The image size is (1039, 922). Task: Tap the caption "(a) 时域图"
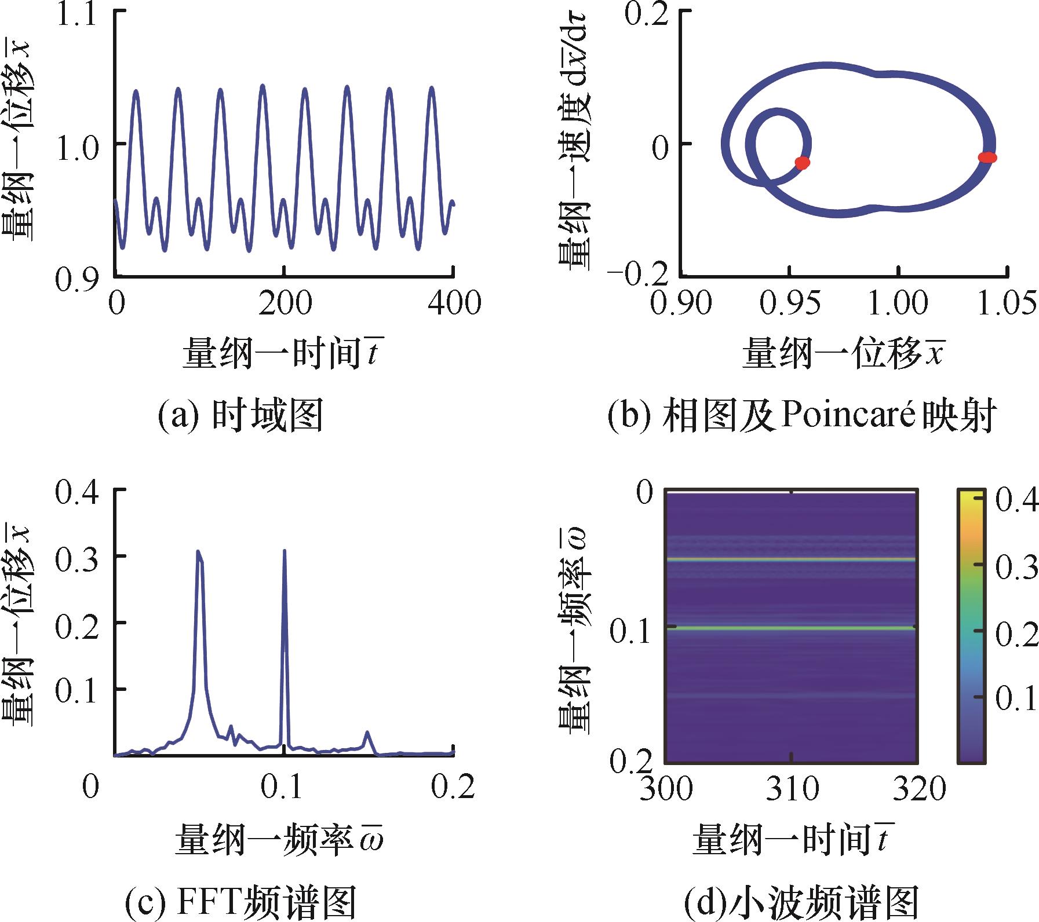coord(240,416)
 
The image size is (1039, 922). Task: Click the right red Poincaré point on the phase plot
coord(987,157)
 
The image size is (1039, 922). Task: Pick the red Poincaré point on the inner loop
coord(802,163)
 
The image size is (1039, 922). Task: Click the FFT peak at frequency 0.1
coord(285,552)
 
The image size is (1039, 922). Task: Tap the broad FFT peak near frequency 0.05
coord(199,554)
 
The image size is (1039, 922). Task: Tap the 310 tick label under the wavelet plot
coord(791,788)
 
